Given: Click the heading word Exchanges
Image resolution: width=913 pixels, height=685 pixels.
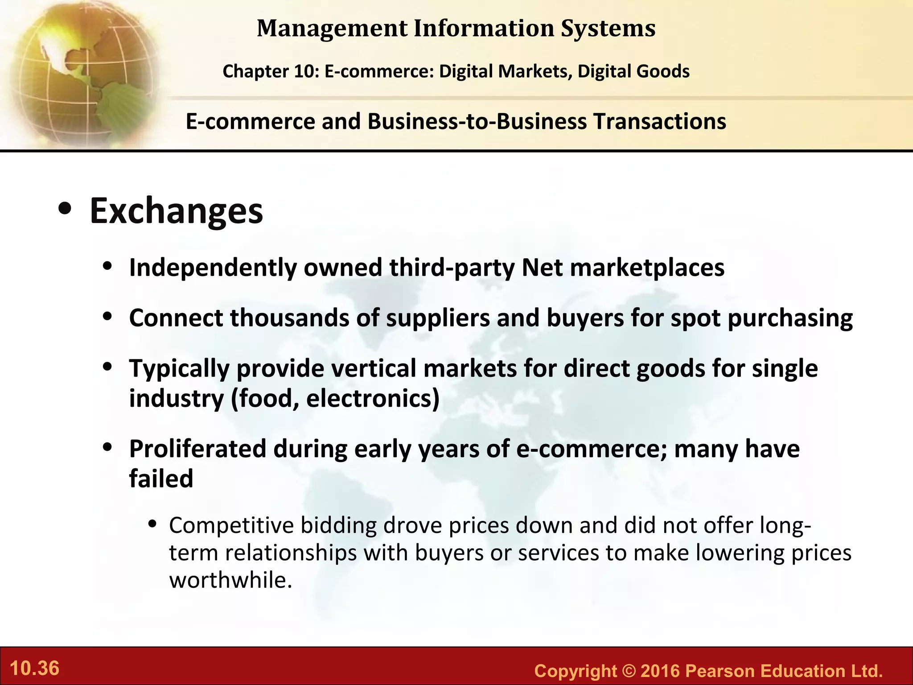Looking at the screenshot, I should tap(177, 211).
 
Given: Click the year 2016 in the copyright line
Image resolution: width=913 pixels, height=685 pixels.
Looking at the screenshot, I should tap(658, 671).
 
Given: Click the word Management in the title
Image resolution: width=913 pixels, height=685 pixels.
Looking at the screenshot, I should tap(332, 29).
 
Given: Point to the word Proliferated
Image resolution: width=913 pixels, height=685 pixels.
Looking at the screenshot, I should tap(197, 449).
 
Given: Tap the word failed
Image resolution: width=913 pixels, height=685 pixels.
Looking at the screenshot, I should tap(161, 479).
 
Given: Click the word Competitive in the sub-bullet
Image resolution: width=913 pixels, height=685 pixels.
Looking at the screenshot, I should tap(231, 525).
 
